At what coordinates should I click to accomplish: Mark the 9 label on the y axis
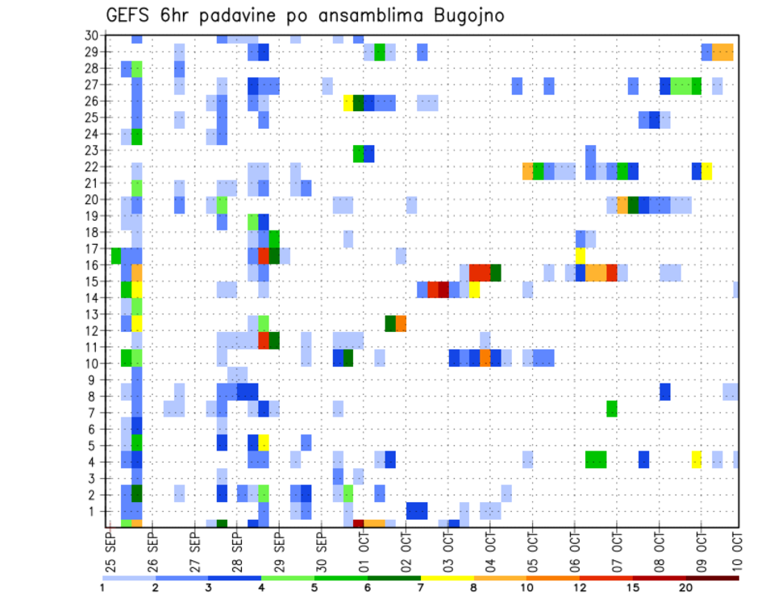coord(94,380)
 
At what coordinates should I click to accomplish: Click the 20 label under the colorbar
coord(686,588)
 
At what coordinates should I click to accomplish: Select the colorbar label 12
coord(580,588)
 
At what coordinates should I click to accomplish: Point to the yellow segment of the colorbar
coord(447,577)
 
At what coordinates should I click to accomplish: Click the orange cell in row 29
coord(722,52)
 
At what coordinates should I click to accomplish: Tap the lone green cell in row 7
coord(612,409)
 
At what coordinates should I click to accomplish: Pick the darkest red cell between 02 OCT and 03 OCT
coord(443,289)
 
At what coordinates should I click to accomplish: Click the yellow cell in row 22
coord(707,171)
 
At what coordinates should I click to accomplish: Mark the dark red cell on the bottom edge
coord(359,524)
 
